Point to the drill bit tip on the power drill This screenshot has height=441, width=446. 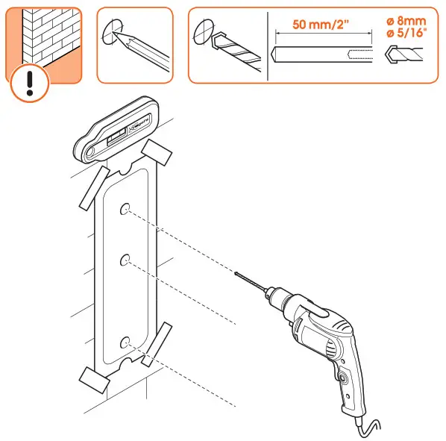pyautogui.click(x=236, y=275)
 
